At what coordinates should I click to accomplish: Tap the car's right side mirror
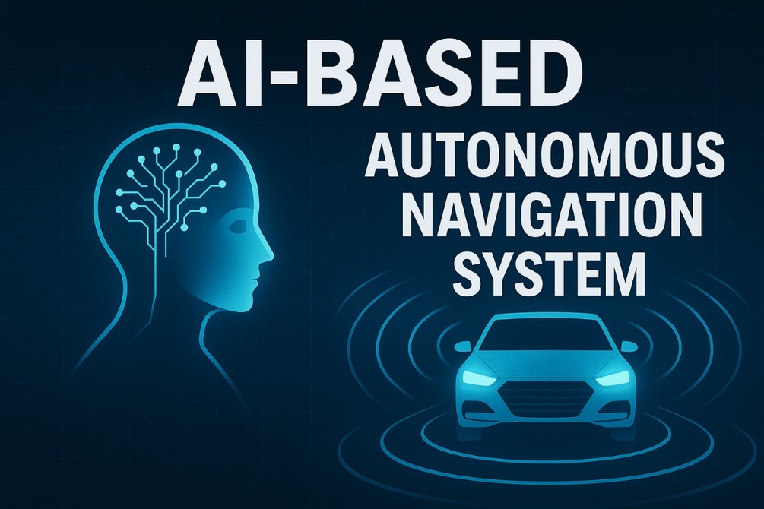coord(627,347)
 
